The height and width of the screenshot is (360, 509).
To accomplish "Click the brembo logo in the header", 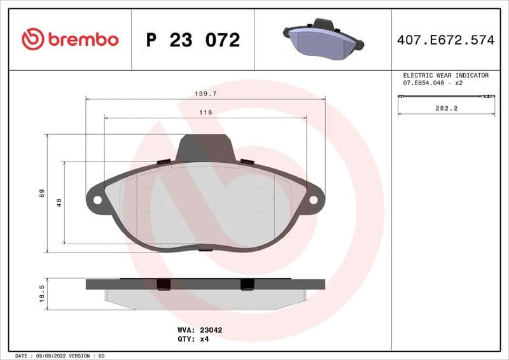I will [70, 39].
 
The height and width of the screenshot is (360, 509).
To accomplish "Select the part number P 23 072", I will [193, 40].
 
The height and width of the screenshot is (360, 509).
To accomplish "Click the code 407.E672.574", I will [445, 40].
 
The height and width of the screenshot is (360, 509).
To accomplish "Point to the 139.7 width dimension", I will [205, 93].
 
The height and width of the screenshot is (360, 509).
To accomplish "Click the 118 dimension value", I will [205, 112].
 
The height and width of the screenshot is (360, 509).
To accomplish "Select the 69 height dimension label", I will [41, 193].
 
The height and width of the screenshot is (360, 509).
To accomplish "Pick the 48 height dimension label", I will [59, 202].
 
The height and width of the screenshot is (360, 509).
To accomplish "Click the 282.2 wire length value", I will [446, 109].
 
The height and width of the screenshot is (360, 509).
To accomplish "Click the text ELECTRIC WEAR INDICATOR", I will [445, 75].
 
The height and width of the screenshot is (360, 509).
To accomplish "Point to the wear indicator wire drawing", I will [446, 96].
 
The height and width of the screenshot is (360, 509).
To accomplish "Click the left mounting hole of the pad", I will [97, 200].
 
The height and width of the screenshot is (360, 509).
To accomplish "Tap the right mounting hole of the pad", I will [313, 200].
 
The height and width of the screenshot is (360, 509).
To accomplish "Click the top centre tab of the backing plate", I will [206, 148].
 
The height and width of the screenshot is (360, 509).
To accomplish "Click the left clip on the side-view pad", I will [164, 284].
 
